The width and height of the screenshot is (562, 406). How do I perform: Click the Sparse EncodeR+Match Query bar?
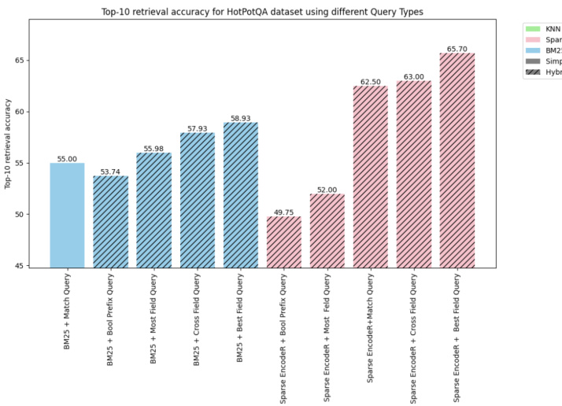coord(371,176)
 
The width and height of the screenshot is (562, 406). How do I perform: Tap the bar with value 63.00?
coord(414,174)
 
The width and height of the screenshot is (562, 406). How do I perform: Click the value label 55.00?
coord(67,159)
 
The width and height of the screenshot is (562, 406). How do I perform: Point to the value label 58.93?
coord(240,119)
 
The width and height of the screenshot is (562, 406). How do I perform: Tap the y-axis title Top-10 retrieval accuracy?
coord(8,143)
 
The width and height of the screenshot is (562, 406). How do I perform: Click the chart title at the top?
coord(262,12)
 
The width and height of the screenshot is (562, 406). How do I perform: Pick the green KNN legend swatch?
coord(532,28)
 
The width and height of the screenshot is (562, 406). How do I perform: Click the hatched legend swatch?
coord(532,72)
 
